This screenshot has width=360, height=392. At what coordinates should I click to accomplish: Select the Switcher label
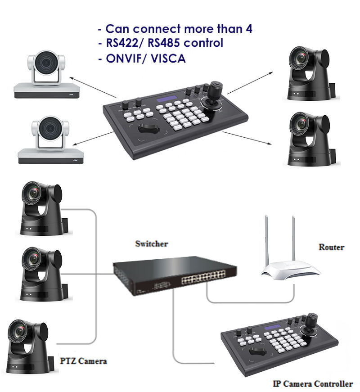152,244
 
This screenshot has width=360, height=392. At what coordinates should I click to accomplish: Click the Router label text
331,247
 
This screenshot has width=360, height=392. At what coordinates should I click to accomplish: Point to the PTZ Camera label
84,361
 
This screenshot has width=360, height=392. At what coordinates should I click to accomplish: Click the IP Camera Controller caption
313,384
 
